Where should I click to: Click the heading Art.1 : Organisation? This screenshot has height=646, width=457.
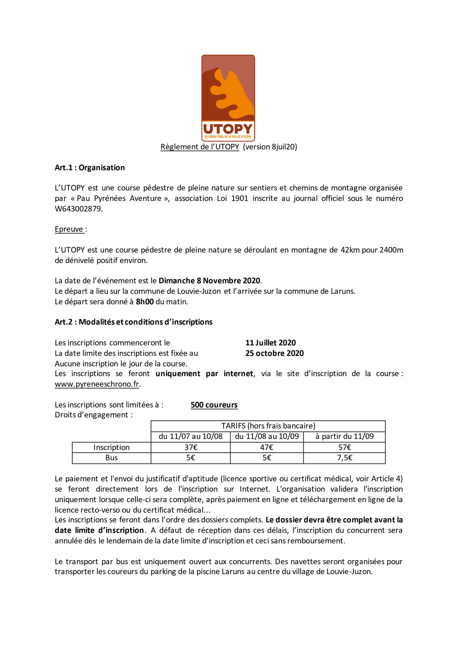(90, 168)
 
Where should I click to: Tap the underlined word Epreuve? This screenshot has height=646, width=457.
(69, 229)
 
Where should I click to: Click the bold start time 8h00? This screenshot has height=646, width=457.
(145, 302)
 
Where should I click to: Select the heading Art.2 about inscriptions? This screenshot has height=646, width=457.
(134, 322)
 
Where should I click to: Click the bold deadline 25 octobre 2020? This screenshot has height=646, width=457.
(274, 353)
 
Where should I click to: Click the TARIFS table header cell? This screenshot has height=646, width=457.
(268, 426)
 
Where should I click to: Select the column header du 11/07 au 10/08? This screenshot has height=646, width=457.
(191, 436)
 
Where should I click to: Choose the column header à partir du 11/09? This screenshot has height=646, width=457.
(344, 436)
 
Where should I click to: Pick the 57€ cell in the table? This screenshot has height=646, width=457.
(344, 447)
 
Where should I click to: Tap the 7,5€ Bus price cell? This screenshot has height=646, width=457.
(344, 458)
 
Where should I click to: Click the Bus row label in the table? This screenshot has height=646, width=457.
(111, 458)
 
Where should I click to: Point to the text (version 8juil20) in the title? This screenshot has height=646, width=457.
(270, 147)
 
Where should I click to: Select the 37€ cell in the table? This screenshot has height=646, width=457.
(191, 447)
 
